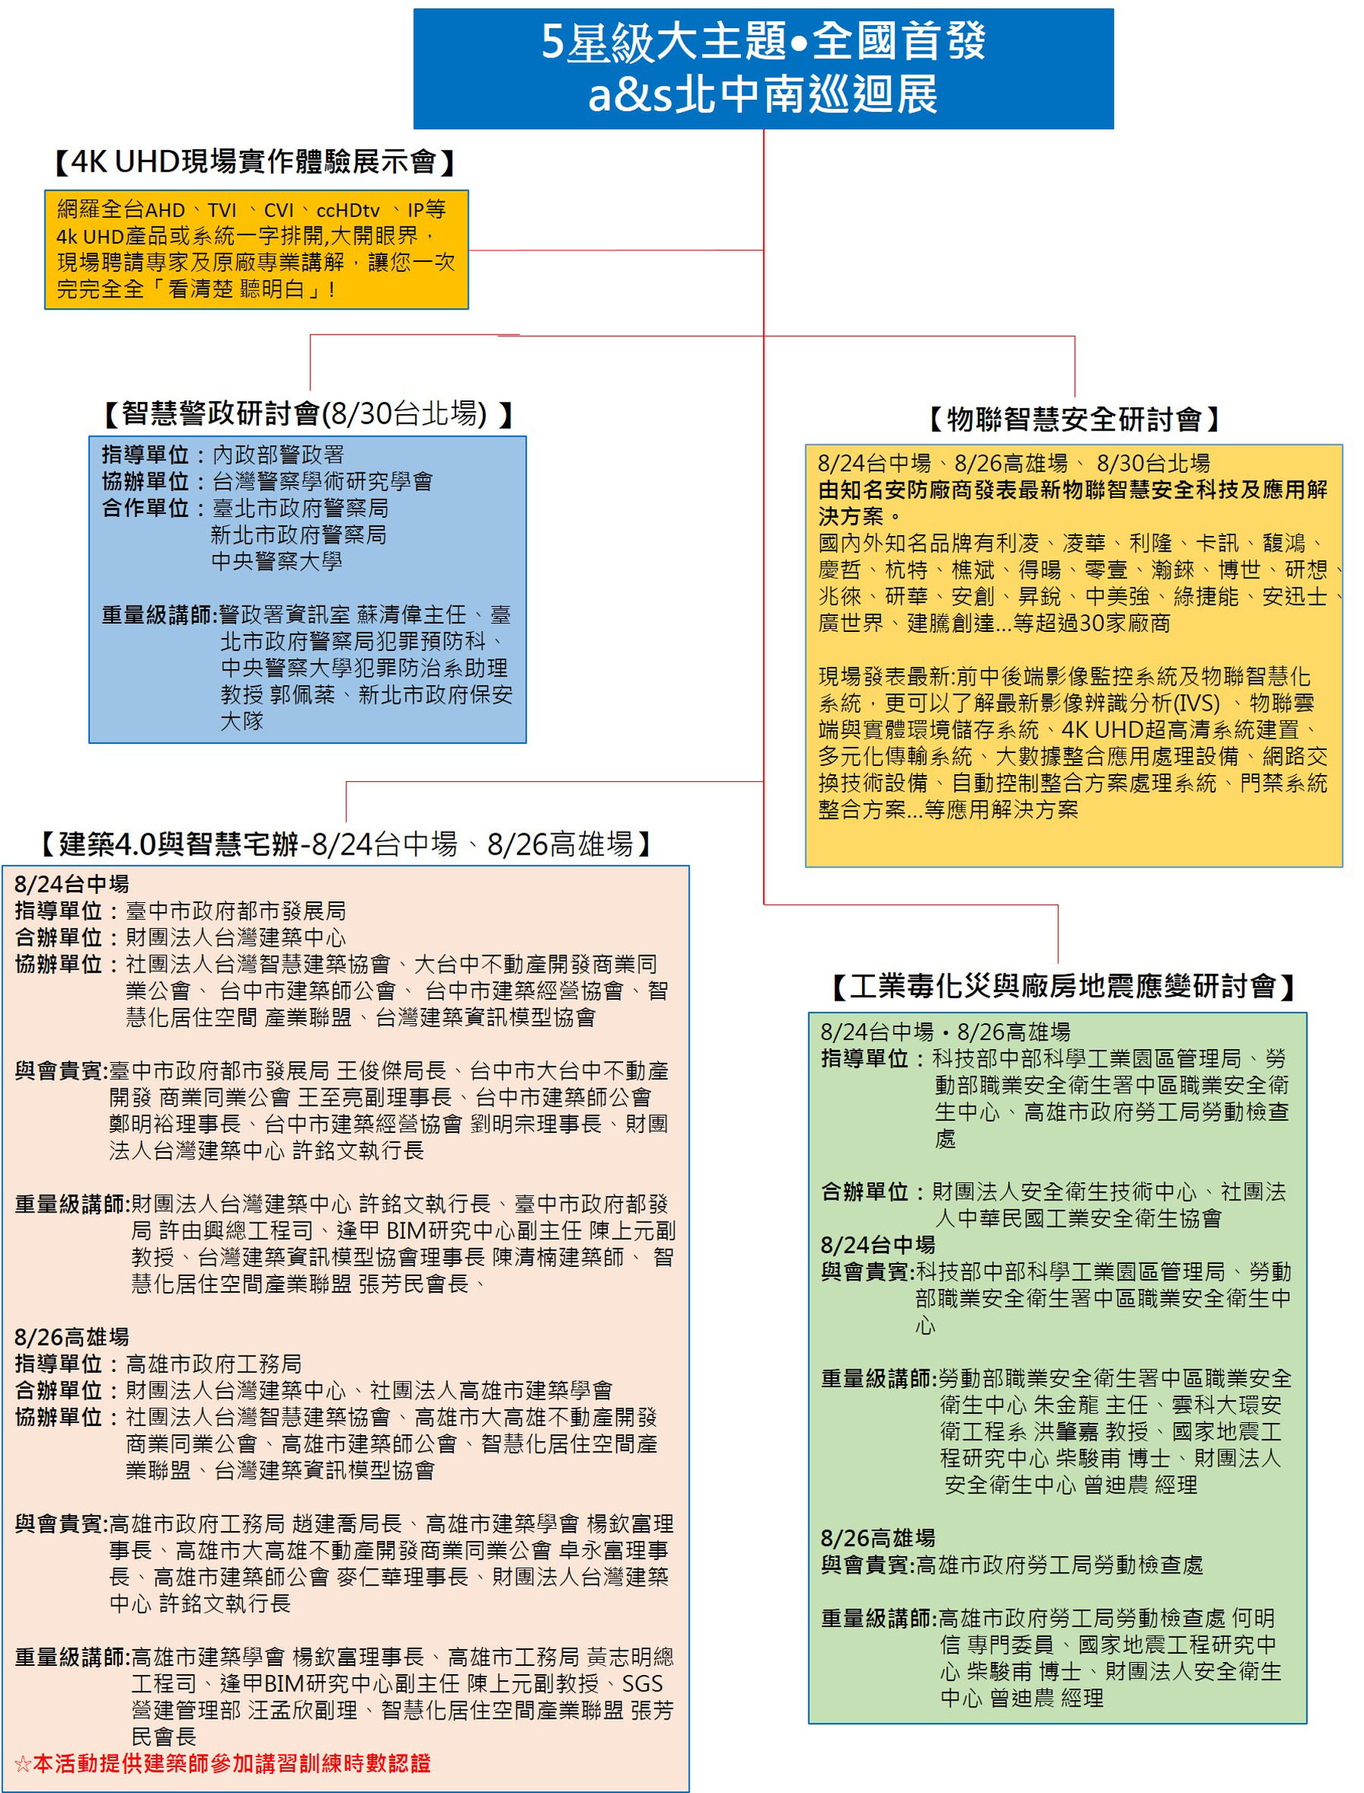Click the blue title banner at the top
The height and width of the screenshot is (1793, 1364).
point(763,68)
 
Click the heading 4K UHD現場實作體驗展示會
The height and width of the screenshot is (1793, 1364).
point(254,161)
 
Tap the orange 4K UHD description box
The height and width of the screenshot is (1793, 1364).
point(257,249)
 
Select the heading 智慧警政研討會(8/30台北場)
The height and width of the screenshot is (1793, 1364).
point(309,413)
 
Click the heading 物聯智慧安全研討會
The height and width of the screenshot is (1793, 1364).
point(1074,419)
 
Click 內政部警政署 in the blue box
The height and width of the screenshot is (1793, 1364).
point(279,455)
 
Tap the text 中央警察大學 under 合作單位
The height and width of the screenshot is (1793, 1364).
point(277,561)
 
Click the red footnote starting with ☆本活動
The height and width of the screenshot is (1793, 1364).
point(223,1763)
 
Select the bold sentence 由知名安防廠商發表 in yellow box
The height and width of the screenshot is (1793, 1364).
point(1073,503)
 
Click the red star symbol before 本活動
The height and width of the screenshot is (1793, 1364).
point(23,1763)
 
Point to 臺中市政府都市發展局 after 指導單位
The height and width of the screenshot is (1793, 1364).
point(235,911)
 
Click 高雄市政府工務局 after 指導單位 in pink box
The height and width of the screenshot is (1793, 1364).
point(213,1363)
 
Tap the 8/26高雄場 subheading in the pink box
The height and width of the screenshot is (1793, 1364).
point(71,1336)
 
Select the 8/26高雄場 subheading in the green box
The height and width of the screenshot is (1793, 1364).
point(878,1537)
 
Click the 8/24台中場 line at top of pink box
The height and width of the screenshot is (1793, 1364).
point(71,884)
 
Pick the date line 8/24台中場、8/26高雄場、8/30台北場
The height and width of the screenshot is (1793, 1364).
point(1014,462)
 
